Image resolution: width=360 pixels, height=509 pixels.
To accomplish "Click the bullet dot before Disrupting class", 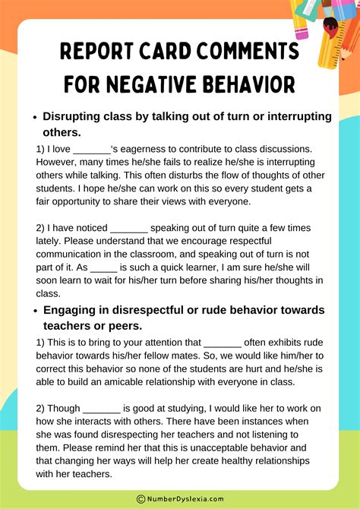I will [34, 117].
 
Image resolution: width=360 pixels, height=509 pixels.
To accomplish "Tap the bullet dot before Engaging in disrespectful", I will [34, 311].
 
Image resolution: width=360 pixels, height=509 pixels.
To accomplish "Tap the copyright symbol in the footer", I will [141, 498].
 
